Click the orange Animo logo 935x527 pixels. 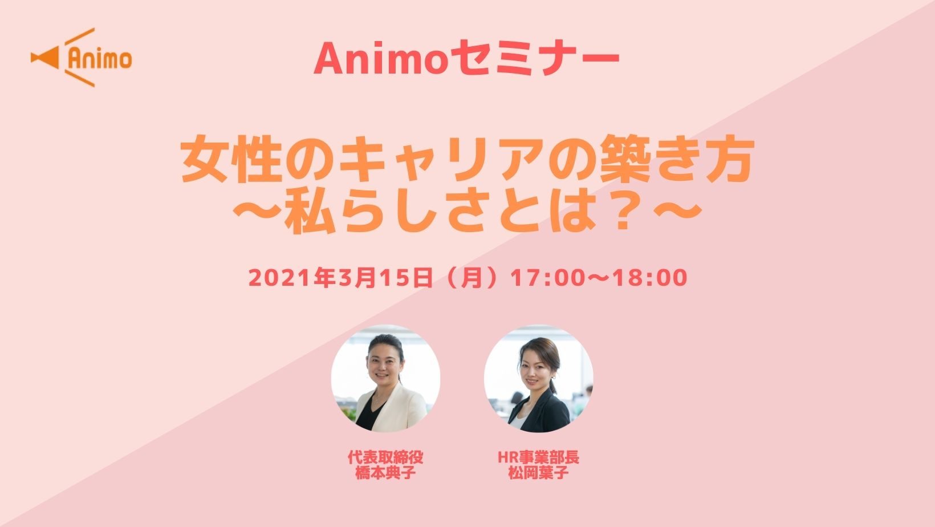tap(82, 58)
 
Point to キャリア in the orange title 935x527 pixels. tap(442, 159)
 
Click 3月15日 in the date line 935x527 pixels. tap(385, 278)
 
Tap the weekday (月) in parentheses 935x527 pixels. tap(471, 278)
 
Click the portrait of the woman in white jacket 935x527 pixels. tap(385, 378)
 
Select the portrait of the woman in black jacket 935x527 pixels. tap(538, 378)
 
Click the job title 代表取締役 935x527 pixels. tap(385, 457)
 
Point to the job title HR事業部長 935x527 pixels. tap(538, 457)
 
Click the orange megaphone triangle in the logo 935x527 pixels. tap(47, 58)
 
